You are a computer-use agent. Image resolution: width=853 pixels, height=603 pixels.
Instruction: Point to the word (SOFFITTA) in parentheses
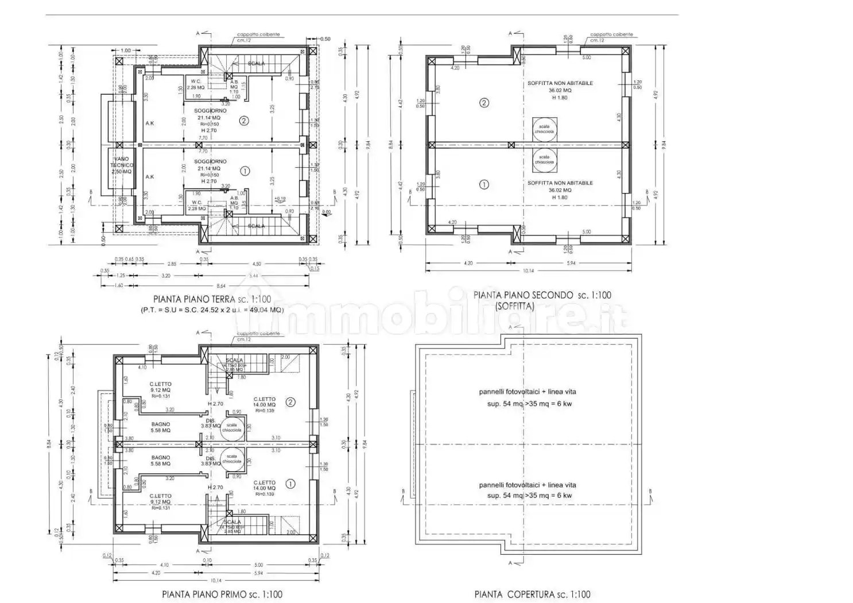(x=514, y=307)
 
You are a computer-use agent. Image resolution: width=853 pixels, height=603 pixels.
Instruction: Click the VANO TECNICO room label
(x=122, y=165)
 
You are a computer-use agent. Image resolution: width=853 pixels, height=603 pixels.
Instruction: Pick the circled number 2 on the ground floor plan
(x=245, y=121)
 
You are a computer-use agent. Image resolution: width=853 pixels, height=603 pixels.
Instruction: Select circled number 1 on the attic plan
(x=484, y=185)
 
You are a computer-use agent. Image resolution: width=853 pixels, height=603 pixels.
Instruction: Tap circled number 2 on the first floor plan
(x=290, y=402)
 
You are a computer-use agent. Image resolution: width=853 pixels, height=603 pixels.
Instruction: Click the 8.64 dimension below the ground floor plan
(x=221, y=285)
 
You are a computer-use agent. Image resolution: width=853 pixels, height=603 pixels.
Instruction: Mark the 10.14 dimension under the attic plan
(x=528, y=271)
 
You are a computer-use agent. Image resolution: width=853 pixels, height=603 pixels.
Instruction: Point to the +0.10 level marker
(x=280, y=199)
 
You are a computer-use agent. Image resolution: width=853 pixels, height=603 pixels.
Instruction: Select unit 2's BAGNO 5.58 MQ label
(x=160, y=427)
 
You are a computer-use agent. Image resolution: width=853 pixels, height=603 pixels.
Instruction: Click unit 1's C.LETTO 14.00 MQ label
(x=264, y=486)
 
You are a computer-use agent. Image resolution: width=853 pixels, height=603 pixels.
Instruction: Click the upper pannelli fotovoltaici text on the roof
(x=527, y=392)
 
